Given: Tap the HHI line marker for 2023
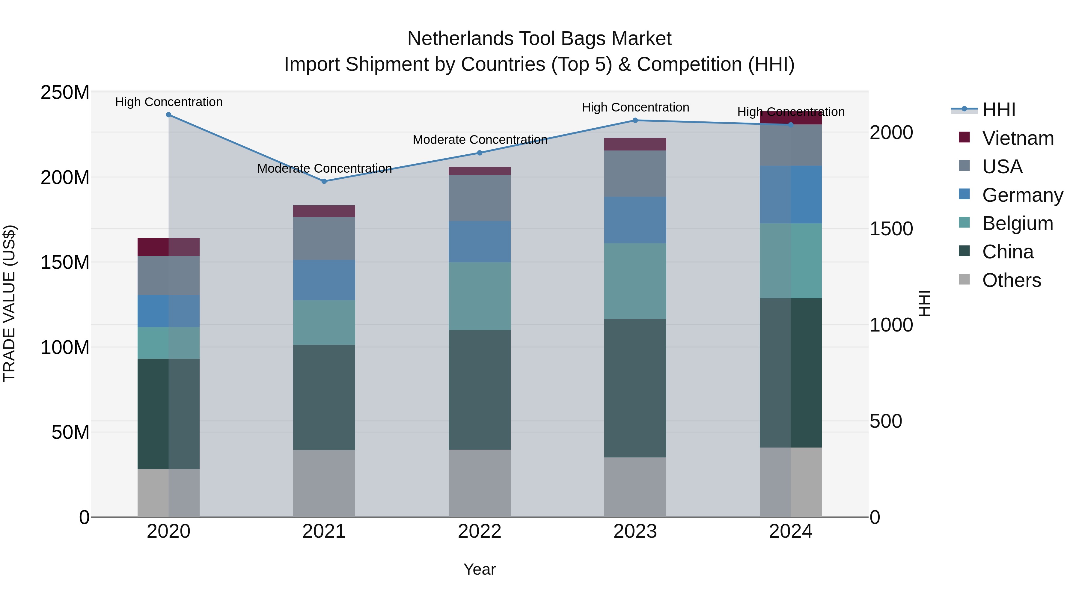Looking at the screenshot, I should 635,120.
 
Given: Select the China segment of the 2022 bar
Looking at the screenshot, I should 480,390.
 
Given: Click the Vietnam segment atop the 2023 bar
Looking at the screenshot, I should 635,144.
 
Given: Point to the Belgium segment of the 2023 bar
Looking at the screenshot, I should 635,281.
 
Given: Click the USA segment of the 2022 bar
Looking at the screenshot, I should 480,198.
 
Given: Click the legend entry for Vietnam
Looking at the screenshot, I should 1018,138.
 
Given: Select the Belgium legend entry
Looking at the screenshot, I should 1018,223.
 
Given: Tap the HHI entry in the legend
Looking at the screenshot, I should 999,110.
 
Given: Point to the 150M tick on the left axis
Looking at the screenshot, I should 65,262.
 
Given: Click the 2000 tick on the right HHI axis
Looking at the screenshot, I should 891,132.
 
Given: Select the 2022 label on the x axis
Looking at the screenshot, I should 480,531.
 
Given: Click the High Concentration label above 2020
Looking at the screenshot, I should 169,102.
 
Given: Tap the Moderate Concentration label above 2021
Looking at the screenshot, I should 324,168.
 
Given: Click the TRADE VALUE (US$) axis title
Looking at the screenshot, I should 9,303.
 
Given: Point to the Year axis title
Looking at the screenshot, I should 480,569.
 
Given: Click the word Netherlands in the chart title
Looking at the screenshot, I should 460,39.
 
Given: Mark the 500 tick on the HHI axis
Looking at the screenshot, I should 885,421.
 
